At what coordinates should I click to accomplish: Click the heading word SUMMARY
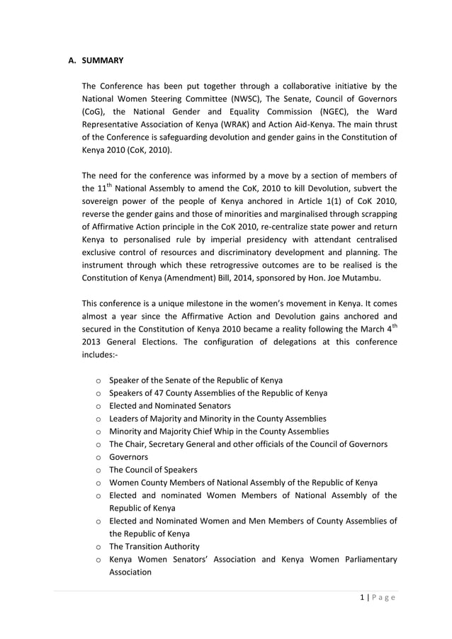coord(103,60)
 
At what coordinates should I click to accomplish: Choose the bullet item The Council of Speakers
coord(153,470)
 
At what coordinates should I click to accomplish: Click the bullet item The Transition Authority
coord(154,546)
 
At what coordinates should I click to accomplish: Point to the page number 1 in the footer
coord(362,597)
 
